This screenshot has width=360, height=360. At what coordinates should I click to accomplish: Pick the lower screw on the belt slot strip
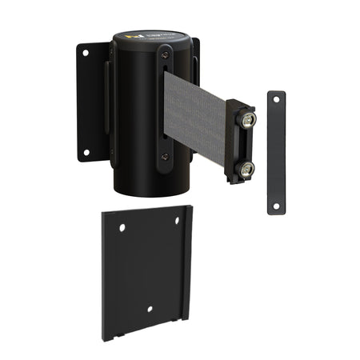click(165, 157)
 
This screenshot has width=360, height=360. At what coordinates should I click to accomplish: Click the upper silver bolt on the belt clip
click(248, 120)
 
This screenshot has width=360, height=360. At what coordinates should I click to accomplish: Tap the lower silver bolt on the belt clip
click(247, 168)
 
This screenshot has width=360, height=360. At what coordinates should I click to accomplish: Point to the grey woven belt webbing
click(196, 116)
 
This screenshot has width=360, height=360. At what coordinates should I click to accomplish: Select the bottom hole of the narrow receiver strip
click(276, 206)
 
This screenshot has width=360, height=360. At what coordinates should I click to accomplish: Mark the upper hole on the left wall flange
click(85, 54)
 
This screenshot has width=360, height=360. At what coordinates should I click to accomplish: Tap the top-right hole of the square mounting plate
click(178, 221)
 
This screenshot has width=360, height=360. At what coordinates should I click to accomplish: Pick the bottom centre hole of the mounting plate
click(150, 309)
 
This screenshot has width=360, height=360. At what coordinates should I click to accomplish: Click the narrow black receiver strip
click(276, 152)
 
